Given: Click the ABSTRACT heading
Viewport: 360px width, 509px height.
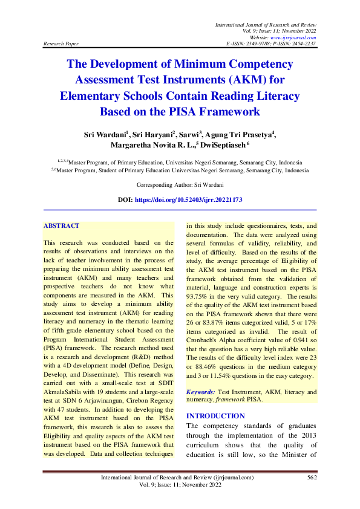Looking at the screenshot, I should [61, 226].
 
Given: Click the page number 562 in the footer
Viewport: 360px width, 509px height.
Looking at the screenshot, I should [312, 478].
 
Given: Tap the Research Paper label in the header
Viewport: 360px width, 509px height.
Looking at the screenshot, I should [61, 44].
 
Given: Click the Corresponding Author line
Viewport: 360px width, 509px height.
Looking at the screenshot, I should [180, 184].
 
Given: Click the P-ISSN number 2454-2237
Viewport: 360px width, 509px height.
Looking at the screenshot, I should [301, 44].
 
